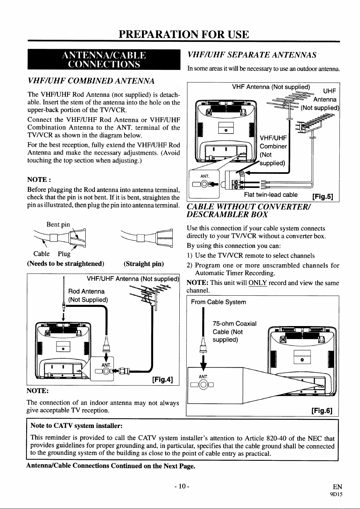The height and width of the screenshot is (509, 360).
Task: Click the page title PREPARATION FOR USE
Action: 184,35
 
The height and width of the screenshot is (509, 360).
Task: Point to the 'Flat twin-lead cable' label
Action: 271,195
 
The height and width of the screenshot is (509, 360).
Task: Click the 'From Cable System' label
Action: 218,302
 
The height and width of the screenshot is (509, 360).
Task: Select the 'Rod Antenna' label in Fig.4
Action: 87,292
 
